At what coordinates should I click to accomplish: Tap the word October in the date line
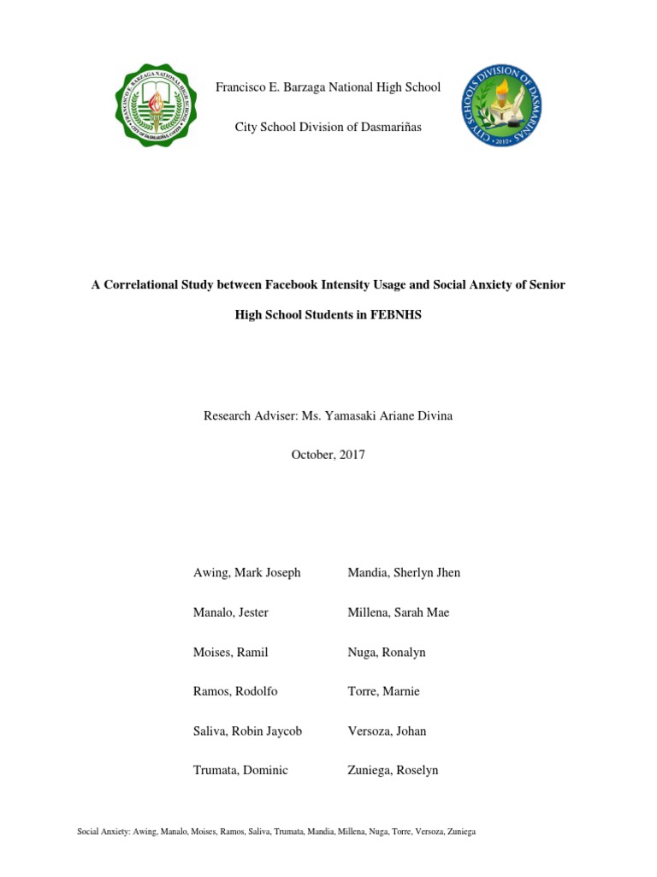(x=312, y=455)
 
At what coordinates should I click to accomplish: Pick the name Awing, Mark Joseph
(x=246, y=573)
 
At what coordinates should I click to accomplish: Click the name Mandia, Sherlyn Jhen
(x=404, y=573)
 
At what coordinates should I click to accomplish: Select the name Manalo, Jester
(x=231, y=612)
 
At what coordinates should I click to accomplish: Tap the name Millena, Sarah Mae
(x=398, y=612)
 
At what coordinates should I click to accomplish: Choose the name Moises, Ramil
(x=230, y=652)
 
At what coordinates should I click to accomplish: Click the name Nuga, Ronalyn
(x=386, y=652)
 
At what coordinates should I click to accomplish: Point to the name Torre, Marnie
(x=383, y=691)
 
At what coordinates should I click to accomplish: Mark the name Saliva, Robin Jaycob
(x=247, y=731)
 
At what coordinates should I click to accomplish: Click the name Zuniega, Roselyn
(x=393, y=770)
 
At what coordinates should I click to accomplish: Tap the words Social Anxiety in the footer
(x=101, y=832)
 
